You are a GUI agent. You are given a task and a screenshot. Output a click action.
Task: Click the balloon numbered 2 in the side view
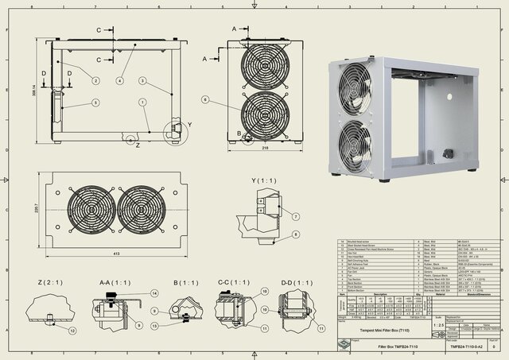click(95, 80)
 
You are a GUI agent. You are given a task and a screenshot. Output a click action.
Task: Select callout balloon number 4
click(120, 80)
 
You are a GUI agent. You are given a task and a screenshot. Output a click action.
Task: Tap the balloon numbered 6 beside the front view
click(204, 100)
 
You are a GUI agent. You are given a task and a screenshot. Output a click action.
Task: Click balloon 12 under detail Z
click(72, 330)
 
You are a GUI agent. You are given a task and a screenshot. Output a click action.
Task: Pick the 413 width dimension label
click(116, 252)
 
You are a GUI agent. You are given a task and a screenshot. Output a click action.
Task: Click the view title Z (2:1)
click(49, 282)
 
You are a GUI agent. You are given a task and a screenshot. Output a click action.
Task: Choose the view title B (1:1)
click(185, 282)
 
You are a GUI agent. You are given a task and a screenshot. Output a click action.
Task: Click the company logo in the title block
click(341, 344)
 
